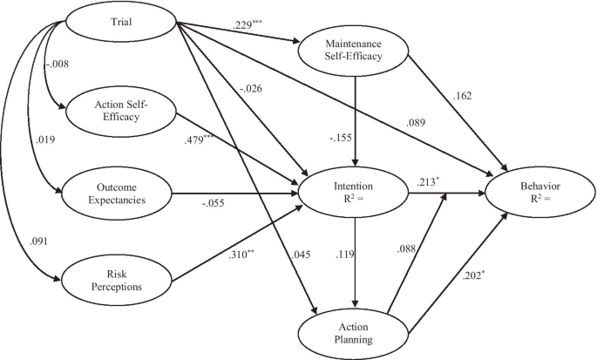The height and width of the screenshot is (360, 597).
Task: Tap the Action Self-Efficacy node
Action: click(x=118, y=113)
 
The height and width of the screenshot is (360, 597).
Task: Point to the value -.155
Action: click(x=343, y=138)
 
